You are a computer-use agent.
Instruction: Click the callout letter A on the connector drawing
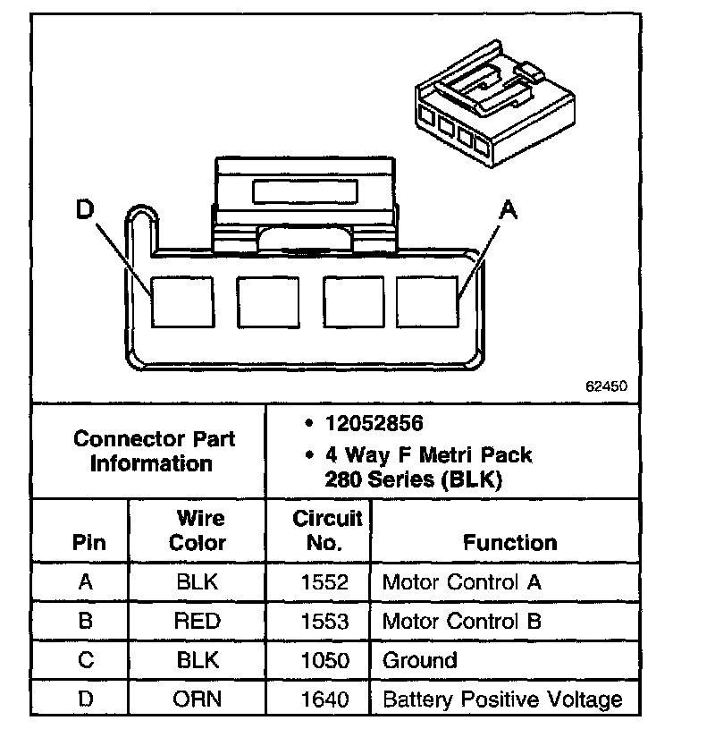tap(508, 211)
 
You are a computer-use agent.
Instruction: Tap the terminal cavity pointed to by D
tap(181, 301)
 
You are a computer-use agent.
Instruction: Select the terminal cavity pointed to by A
tap(427, 301)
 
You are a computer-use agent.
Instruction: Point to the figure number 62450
tap(607, 387)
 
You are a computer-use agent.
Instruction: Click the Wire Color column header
tap(198, 530)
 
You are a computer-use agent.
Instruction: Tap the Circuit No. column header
tap(327, 530)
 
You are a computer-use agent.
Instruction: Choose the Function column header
tap(510, 542)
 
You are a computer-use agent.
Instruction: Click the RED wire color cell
tap(198, 622)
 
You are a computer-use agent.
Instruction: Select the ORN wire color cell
tap(198, 699)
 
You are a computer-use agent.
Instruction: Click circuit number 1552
tap(325, 582)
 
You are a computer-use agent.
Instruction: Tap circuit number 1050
tap(325, 660)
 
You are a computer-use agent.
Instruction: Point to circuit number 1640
tap(325, 699)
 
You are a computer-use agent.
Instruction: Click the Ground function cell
tap(419, 660)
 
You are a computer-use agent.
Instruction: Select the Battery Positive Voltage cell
tap(501, 699)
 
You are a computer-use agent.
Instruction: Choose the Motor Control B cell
tap(461, 622)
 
